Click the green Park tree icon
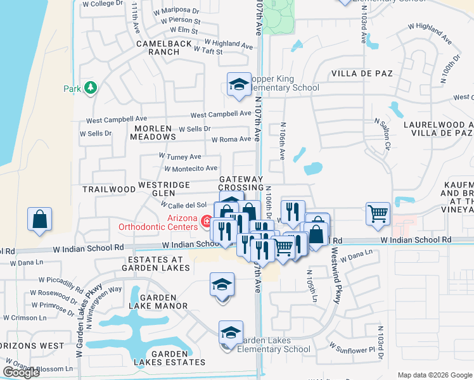click(x=90, y=87)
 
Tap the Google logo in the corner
click(x=21, y=372)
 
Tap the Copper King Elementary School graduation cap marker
click(x=239, y=84)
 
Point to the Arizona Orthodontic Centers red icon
click(x=206, y=221)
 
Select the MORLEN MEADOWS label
click(x=153, y=132)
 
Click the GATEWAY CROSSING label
click(x=241, y=184)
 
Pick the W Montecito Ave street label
click(x=191, y=168)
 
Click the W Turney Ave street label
click(x=180, y=156)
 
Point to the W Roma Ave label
click(x=231, y=139)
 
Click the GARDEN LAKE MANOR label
click(x=163, y=301)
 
